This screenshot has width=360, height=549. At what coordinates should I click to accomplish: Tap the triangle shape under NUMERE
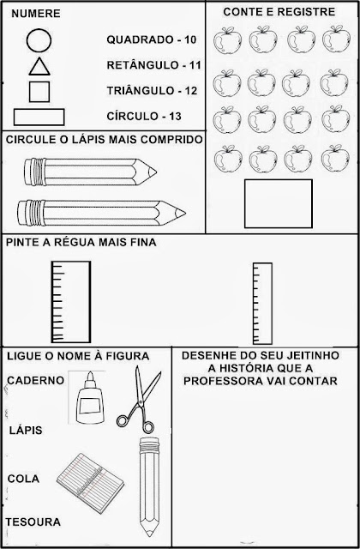coord(39,67)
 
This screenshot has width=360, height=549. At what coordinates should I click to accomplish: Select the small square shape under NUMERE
coord(39,92)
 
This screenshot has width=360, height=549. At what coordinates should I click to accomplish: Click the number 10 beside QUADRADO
coord(190,39)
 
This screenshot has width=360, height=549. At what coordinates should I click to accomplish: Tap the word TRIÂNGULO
coord(140,91)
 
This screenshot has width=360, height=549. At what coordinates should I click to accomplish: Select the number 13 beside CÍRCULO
coord(175,117)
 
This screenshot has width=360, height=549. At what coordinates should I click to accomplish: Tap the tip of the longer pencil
coord(185,213)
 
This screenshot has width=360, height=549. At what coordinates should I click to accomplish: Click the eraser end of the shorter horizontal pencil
coord(26,172)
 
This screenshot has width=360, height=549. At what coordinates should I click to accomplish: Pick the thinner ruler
coord(262,303)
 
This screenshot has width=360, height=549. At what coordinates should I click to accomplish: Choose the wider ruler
coord(71,301)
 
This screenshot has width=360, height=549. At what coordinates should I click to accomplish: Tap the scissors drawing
coord(139,400)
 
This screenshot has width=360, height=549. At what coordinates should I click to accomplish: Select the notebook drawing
coord(90,483)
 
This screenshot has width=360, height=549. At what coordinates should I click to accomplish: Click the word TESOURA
coord(33,522)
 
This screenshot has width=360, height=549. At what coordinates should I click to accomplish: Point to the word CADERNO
coord(36,380)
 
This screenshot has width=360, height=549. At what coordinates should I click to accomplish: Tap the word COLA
coord(23,479)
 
